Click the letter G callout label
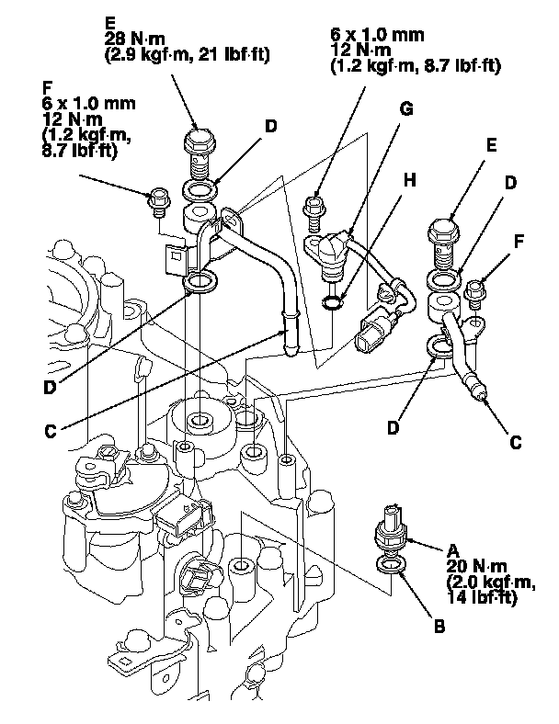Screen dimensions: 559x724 (x=406, y=109)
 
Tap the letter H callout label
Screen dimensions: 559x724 (x=409, y=180)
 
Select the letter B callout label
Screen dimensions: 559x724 (x=439, y=627)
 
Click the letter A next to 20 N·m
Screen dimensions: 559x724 (x=453, y=550)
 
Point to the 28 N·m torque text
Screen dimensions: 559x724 (x=134, y=39)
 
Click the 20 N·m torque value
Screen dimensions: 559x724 (x=477, y=566)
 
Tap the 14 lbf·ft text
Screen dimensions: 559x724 (x=481, y=597)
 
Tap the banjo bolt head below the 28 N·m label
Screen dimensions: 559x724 (x=200, y=137)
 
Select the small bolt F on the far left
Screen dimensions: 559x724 (x=159, y=201)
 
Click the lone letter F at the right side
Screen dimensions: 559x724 (x=519, y=241)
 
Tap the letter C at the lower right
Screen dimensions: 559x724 (x=516, y=442)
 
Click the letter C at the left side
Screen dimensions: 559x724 (x=51, y=431)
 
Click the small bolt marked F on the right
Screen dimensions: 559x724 (x=475, y=294)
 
